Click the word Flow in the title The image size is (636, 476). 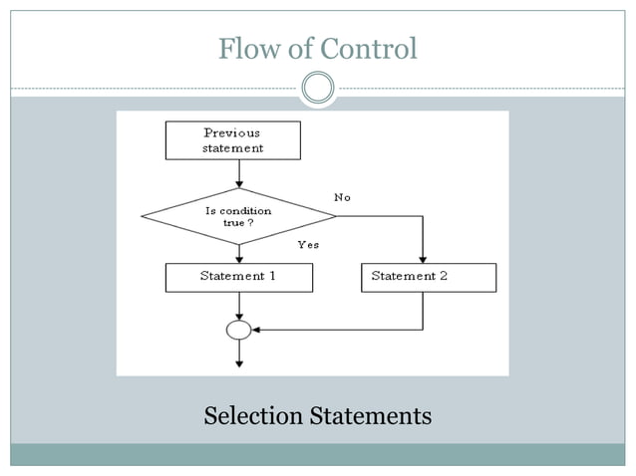(x=247, y=48)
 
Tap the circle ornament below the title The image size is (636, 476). (x=318, y=88)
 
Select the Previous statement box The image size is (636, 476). (x=232, y=140)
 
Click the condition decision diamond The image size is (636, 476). (x=238, y=215)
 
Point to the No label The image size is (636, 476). (x=343, y=197)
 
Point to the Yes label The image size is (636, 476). (x=308, y=244)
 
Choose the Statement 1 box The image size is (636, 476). (x=238, y=277)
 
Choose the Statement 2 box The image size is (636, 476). (x=429, y=277)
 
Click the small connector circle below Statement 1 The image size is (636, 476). (x=239, y=329)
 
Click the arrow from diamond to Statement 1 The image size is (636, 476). (x=239, y=253)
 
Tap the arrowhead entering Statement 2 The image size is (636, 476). (x=424, y=258)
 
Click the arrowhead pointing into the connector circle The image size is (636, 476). (x=257, y=329)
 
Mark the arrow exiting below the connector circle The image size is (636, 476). (x=239, y=354)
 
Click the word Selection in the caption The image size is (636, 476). (x=253, y=415)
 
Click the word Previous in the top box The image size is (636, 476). (x=232, y=132)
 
